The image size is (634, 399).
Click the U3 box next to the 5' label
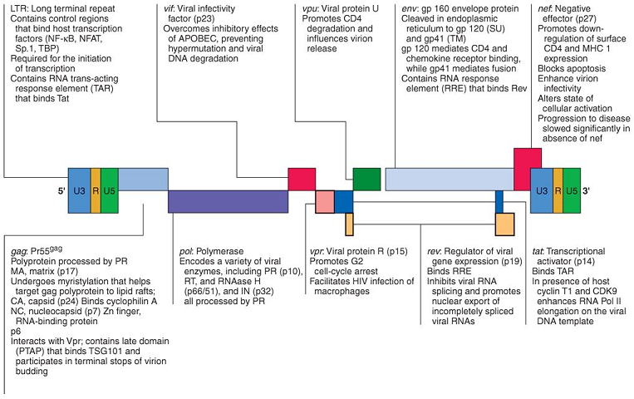click(79, 190)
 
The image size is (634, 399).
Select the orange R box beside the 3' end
click(558, 190)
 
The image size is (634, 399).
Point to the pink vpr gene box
click(325, 201)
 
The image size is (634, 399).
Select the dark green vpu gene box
click(366, 179)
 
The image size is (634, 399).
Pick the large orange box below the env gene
click(504, 224)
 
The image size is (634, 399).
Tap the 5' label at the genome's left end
click(61, 191)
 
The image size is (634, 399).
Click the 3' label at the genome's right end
click(587, 191)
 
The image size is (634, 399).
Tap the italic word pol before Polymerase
click(187, 249)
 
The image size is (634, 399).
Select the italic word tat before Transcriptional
click(538, 249)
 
